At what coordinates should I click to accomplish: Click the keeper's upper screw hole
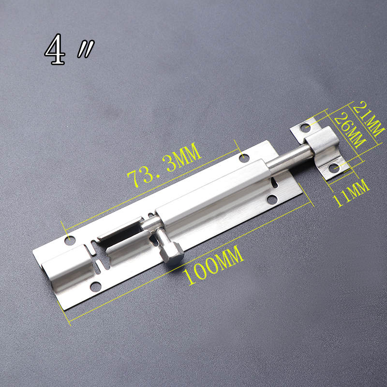305,128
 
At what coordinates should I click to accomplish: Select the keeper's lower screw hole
333,168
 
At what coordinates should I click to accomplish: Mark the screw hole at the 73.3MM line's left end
71,239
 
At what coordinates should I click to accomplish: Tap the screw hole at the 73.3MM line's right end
244,158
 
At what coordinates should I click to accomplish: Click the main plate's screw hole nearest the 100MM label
96,287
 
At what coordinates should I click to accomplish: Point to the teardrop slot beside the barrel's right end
276,183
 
